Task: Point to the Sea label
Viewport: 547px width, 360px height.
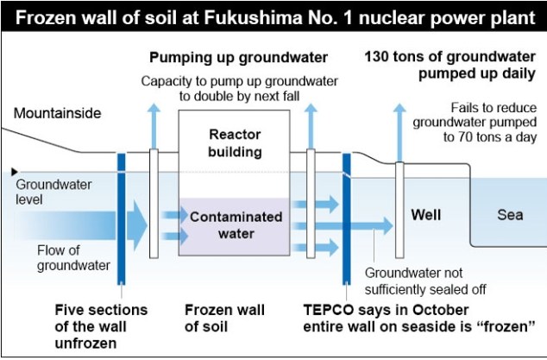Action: [509, 215]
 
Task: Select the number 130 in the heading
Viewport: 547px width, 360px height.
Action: [380, 58]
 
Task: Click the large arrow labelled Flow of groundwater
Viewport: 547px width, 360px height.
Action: [129, 226]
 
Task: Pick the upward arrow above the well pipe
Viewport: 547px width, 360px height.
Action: [399, 129]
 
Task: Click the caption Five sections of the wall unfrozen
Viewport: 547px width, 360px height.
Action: [101, 325]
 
